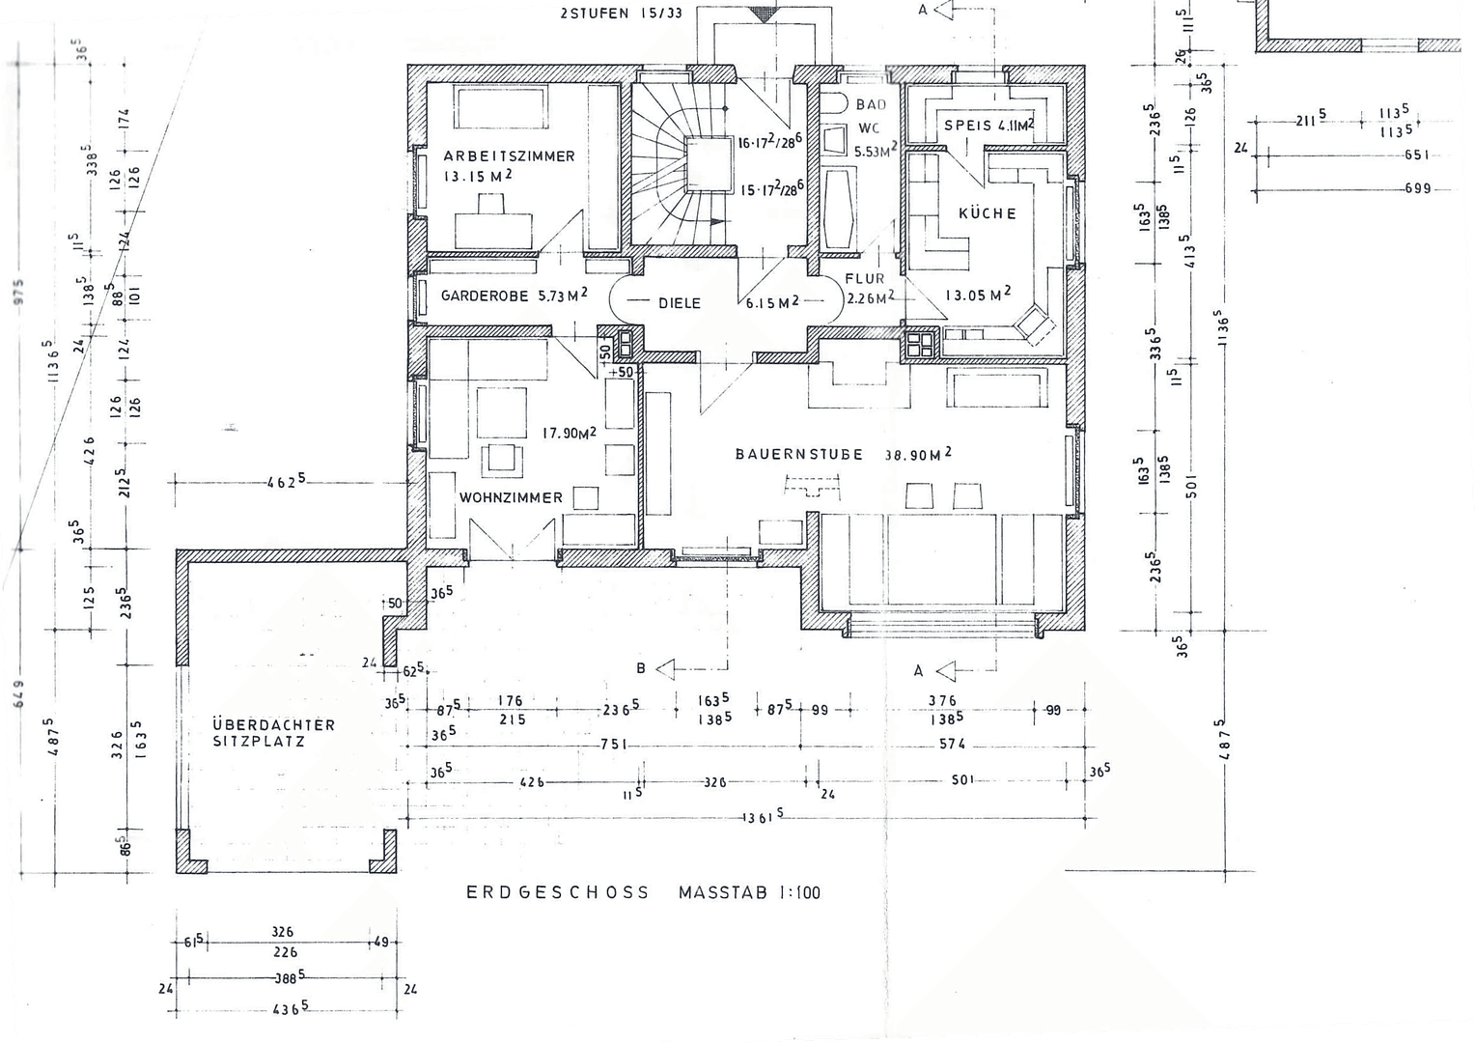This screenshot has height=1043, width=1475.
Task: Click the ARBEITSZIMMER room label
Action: click(509, 156)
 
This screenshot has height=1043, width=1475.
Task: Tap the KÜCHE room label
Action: click(987, 213)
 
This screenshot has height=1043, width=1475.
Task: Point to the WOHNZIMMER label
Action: click(511, 498)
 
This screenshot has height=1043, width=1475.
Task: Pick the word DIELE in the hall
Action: click(680, 303)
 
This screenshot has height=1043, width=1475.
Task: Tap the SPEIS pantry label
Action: click(967, 126)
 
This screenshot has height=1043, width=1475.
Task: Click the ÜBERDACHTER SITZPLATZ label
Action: click(273, 733)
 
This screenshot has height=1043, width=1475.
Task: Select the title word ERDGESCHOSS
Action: click(558, 892)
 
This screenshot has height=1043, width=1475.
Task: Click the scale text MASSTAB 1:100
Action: click(749, 892)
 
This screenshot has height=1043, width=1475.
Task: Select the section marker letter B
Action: click(640, 668)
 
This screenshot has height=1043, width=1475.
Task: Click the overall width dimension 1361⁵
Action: click(763, 817)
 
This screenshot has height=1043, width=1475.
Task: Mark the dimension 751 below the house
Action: click(612, 745)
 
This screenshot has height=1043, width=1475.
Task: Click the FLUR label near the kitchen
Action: click(864, 279)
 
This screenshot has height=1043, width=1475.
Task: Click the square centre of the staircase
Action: click(708, 165)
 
